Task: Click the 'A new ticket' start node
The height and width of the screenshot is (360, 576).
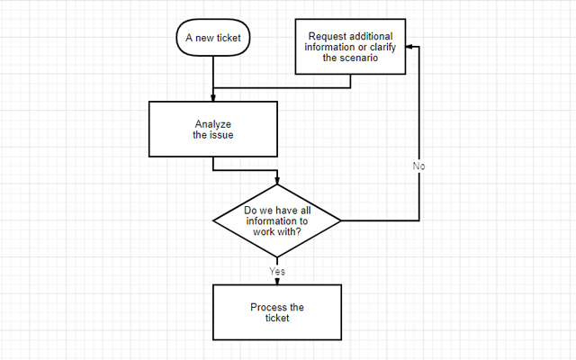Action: (213, 38)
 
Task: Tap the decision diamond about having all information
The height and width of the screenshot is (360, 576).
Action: (277, 220)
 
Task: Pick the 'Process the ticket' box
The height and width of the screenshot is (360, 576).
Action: (277, 312)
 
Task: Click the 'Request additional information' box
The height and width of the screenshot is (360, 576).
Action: (349, 46)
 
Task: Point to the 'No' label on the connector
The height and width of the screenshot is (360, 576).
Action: (419, 166)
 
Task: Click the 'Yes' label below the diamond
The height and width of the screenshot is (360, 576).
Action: (277, 270)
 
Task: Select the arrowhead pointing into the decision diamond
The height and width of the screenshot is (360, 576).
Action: (277, 184)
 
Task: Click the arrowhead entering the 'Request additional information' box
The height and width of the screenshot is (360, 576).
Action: (408, 46)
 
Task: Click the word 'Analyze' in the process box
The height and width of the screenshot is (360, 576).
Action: (213, 124)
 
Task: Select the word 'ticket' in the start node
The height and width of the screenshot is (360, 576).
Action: (229, 38)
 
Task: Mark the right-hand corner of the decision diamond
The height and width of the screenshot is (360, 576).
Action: (340, 220)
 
